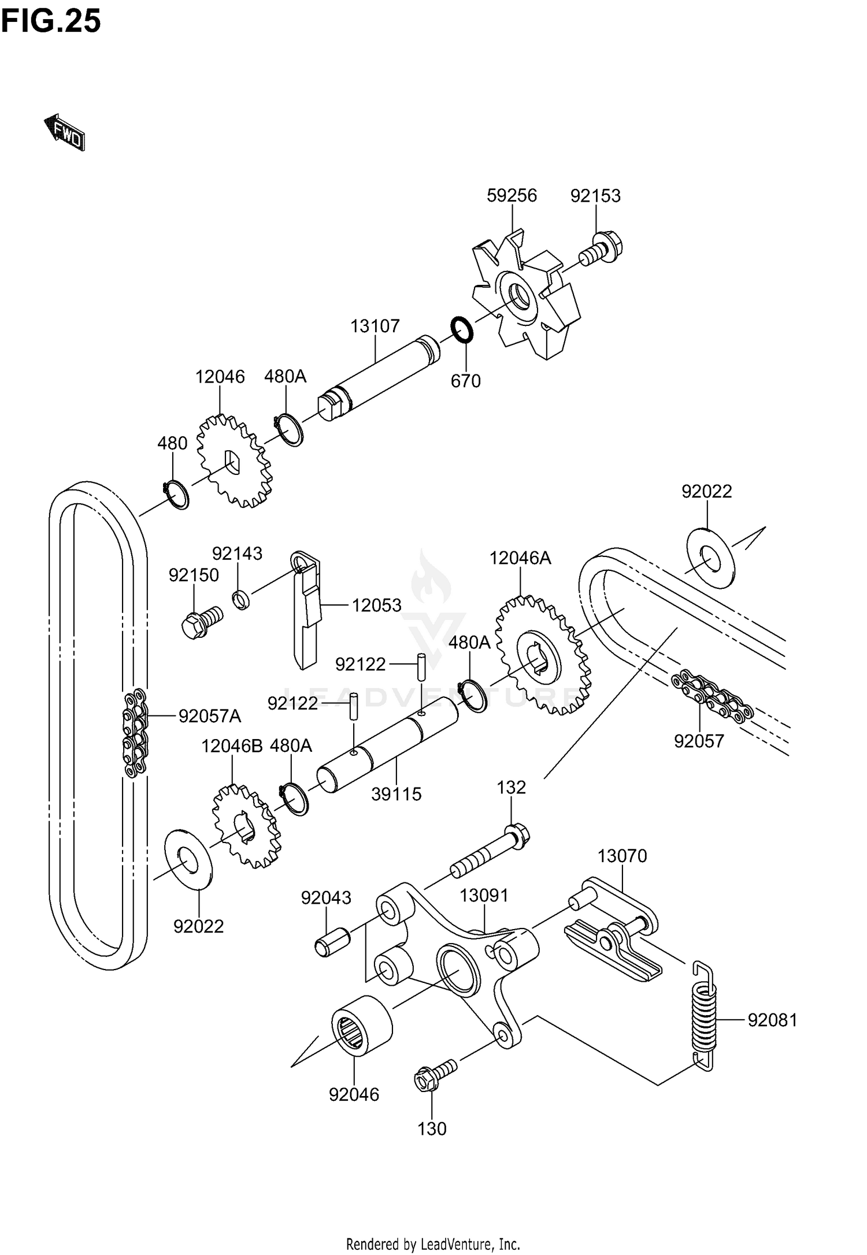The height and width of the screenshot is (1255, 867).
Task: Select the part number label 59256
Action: [512, 196]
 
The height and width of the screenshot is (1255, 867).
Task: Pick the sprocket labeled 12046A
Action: [543, 655]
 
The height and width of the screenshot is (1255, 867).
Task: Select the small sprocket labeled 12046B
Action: [246, 827]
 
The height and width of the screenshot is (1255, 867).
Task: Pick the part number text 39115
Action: [396, 794]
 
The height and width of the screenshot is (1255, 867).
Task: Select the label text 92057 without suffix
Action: [699, 741]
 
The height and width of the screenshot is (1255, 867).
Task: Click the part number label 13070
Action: [622, 856]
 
